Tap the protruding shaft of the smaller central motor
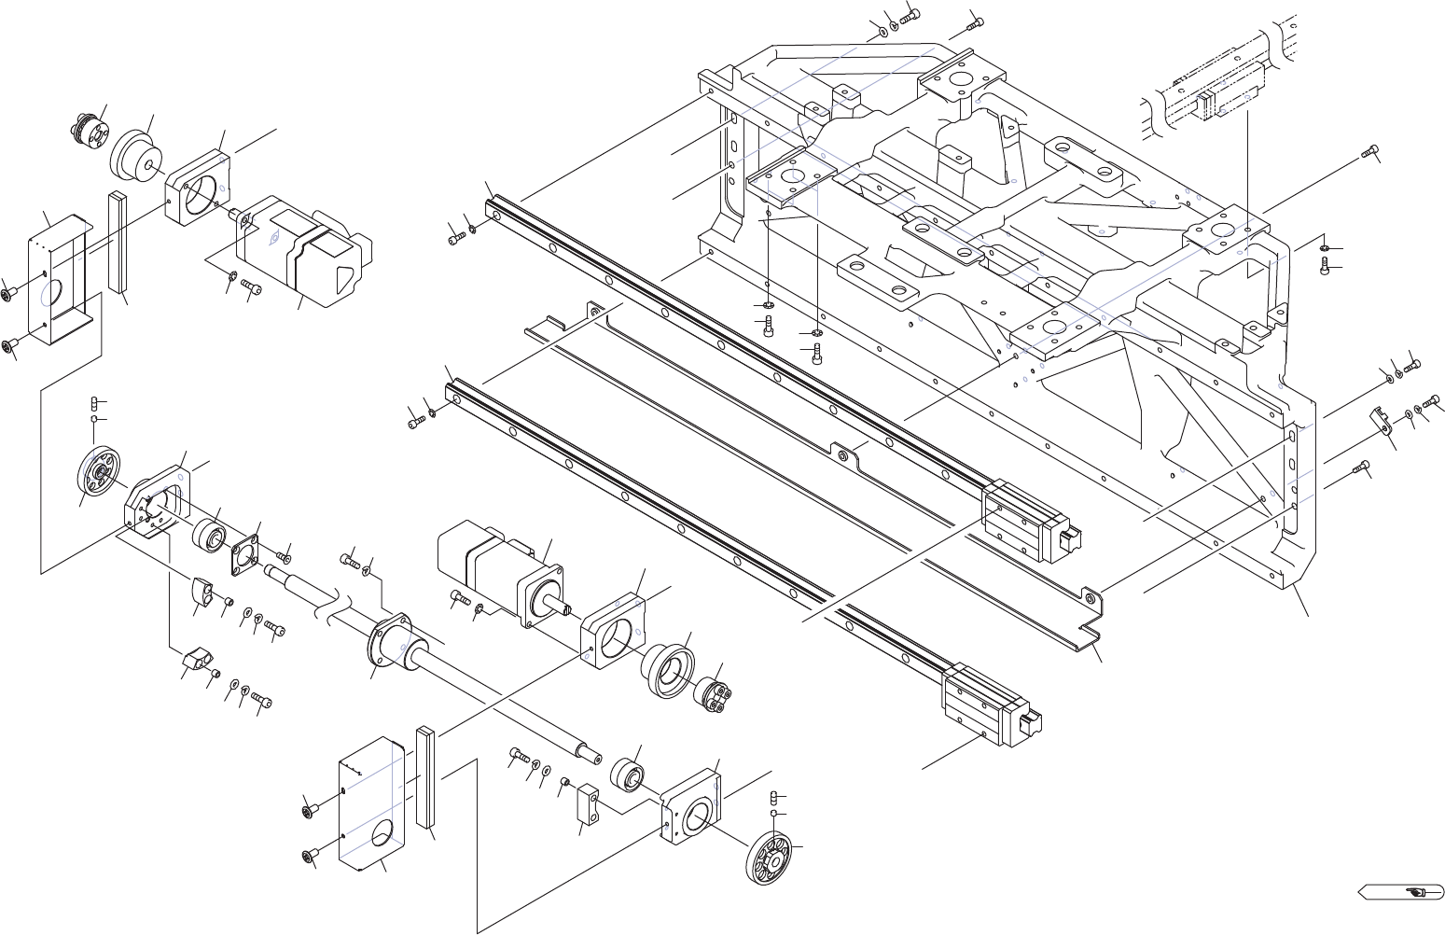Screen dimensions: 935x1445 tap(565, 609)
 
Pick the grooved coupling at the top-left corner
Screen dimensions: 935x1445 tap(90, 128)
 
